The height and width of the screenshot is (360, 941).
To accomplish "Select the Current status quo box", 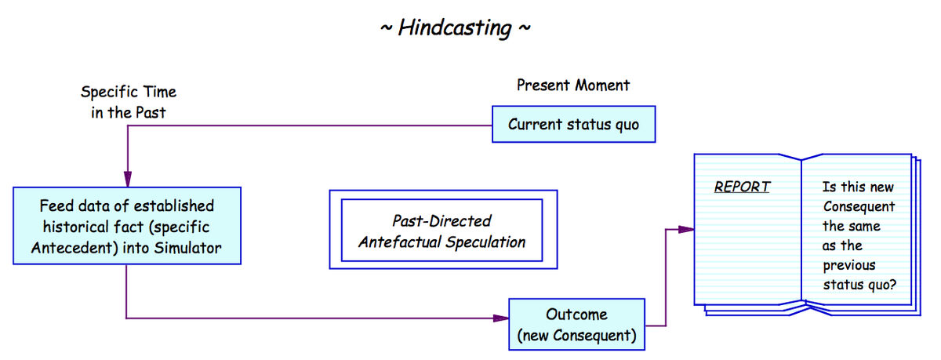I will [x=573, y=125].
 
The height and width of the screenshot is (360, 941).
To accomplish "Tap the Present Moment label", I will [x=572, y=85].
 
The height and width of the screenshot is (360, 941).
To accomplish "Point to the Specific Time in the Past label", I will [x=129, y=103].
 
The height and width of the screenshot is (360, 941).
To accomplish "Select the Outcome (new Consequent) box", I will [x=576, y=325].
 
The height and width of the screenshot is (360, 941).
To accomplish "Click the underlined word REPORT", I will [x=741, y=187].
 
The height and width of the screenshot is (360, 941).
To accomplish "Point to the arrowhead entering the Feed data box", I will [x=126, y=180].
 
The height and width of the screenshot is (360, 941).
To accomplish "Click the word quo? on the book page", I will [x=881, y=285].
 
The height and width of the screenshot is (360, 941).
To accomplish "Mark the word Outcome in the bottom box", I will [x=576, y=315].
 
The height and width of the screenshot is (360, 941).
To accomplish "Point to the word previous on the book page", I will [x=848, y=265].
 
